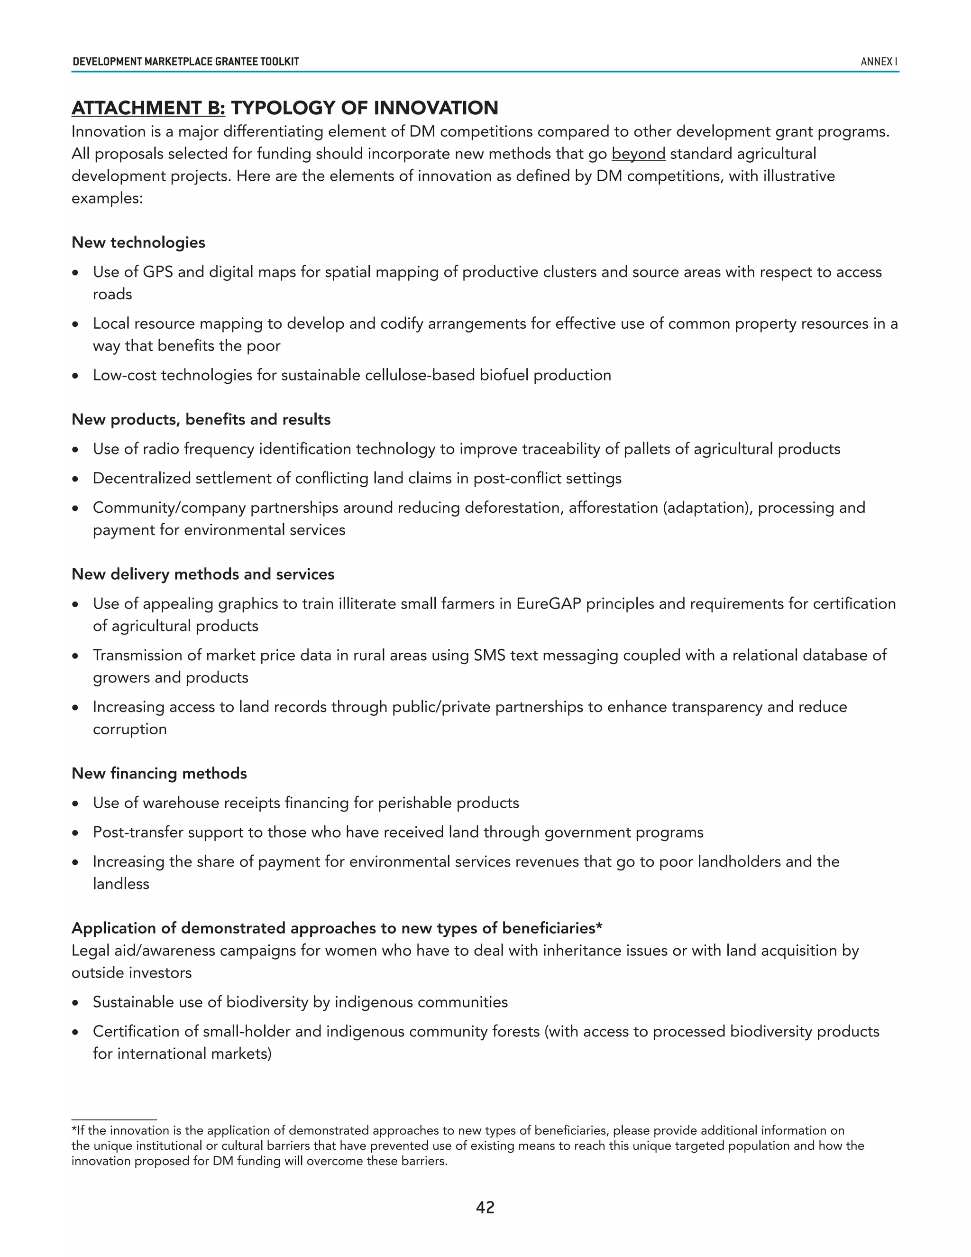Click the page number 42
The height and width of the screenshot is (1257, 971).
(485, 1207)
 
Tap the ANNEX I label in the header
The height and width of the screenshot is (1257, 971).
(879, 62)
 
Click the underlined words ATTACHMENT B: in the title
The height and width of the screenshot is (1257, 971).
(148, 108)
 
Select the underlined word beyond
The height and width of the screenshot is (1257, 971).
(638, 154)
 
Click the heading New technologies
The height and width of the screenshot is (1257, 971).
(138, 242)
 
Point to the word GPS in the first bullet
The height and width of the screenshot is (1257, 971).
(157, 272)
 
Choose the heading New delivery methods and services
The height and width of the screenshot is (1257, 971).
(202, 574)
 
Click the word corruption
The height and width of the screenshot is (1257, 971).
(129, 729)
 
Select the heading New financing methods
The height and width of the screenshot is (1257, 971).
(159, 773)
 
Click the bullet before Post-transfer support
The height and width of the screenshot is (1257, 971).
(75, 833)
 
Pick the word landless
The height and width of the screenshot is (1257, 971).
(121, 884)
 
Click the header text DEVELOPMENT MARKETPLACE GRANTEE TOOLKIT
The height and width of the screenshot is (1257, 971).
(185, 62)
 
